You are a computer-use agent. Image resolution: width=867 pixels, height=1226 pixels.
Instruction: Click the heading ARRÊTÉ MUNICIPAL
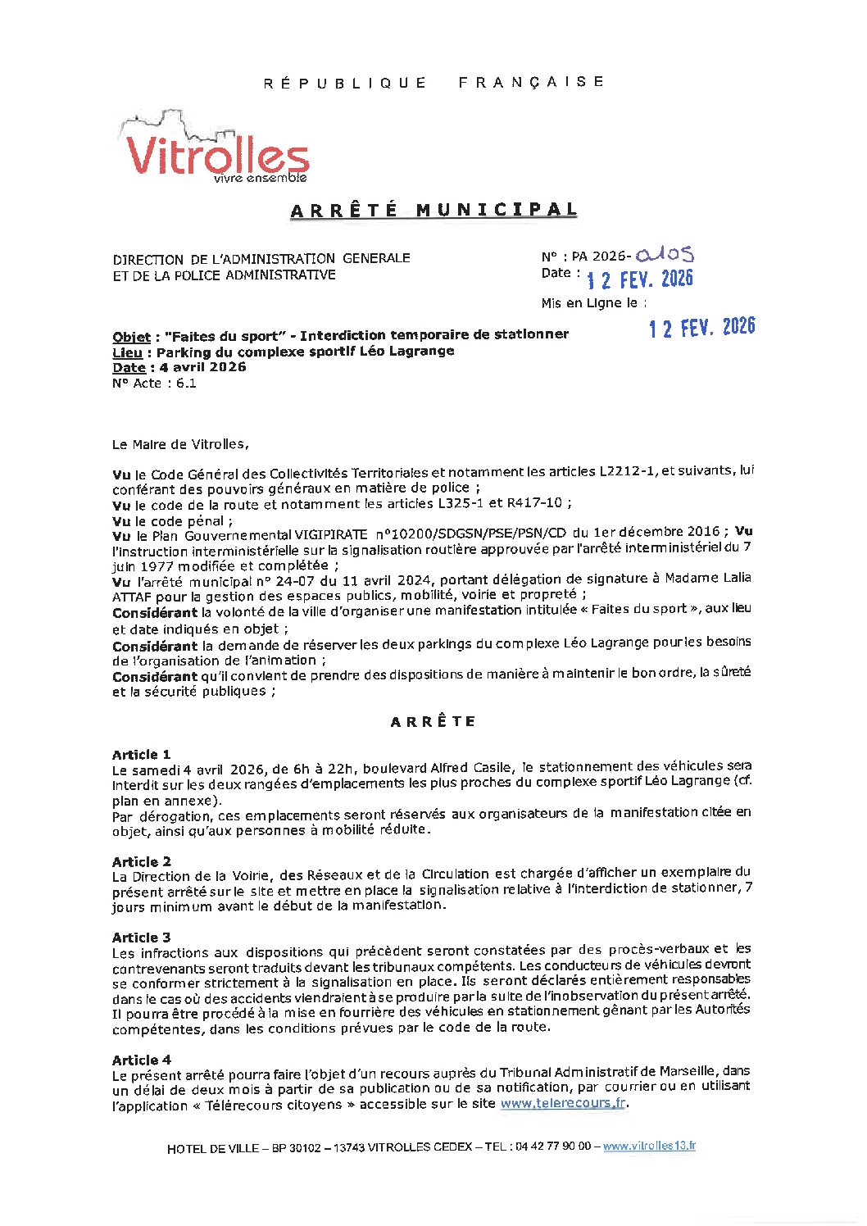tap(433, 210)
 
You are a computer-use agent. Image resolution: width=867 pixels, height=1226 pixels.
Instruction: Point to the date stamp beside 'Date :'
tap(640, 279)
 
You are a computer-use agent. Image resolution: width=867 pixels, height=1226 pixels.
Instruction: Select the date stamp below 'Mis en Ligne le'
tap(701, 328)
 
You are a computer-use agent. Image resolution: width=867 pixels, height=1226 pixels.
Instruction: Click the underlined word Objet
tap(131, 337)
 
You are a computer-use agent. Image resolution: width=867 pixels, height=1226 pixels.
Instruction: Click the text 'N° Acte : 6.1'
tap(154, 383)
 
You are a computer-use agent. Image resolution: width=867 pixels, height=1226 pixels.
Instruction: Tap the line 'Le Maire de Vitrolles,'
tap(180, 444)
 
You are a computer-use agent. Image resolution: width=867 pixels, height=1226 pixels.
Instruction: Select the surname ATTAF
tap(135, 596)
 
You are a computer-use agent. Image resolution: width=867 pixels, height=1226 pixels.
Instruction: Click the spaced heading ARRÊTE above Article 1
tap(433, 722)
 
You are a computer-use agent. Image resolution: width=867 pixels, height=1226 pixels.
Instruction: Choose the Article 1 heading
tap(142, 754)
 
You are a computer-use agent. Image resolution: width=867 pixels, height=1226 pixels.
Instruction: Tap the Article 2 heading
tap(142, 861)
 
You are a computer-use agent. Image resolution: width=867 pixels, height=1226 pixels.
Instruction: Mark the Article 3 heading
tap(142, 937)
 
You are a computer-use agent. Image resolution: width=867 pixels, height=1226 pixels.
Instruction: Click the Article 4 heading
tap(142, 1060)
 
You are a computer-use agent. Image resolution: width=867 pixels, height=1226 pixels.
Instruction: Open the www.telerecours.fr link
tap(563, 1103)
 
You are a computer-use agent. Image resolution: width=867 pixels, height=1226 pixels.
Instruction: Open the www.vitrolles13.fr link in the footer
tap(649, 1147)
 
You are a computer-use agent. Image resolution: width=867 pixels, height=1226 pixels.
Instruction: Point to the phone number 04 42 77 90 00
tap(553, 1147)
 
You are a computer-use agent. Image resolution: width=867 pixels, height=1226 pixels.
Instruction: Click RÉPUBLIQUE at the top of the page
tap(345, 83)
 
